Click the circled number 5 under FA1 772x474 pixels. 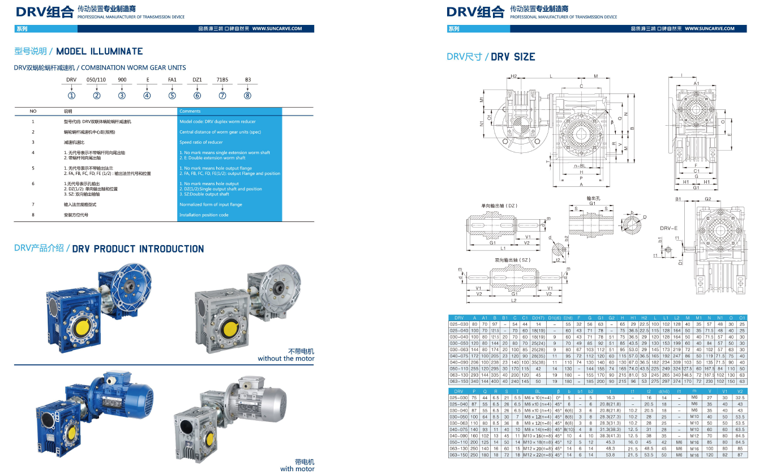[172, 95]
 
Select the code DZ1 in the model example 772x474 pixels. [197, 80]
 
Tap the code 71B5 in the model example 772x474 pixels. [222, 80]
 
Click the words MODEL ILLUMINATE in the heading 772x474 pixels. [100, 52]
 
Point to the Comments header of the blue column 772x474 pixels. [190, 111]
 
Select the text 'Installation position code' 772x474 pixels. [204, 215]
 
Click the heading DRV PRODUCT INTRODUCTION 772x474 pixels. [138, 249]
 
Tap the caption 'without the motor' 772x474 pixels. [286, 358]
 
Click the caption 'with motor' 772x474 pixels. [297, 468]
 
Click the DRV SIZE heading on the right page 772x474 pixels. [513, 57]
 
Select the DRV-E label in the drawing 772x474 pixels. [669, 228]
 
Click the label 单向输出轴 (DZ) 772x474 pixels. [500, 206]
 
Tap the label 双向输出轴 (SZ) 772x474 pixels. [513, 260]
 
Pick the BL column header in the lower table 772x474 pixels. [538, 391]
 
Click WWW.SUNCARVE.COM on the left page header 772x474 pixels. [277, 29]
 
